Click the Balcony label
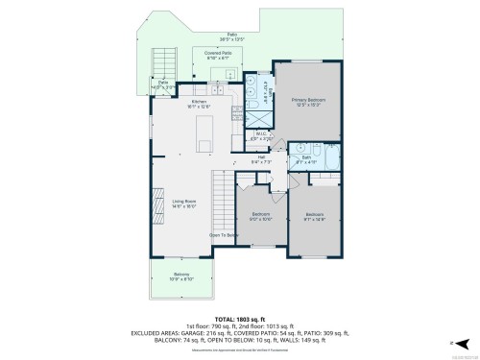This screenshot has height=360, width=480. (x=181, y=277)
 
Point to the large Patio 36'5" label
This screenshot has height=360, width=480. (x=231, y=36)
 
